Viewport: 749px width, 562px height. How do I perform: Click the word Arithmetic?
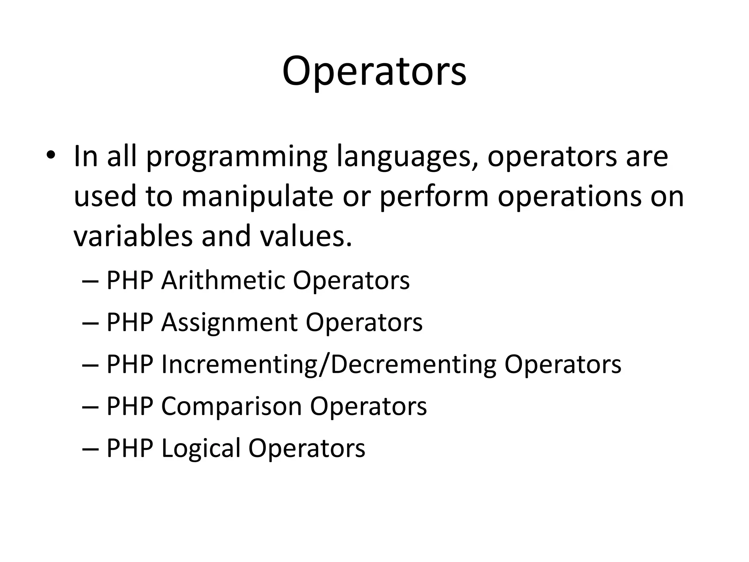[x=222, y=281]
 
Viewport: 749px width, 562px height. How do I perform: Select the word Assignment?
[x=229, y=323]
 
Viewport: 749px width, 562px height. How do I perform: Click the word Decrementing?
[x=413, y=364]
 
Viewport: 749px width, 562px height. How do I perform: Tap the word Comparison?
[x=231, y=406]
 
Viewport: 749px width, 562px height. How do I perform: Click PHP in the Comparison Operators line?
[x=129, y=406]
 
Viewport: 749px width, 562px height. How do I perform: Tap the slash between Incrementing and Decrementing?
[x=322, y=364]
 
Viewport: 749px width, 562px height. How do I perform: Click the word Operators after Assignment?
[x=364, y=323]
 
